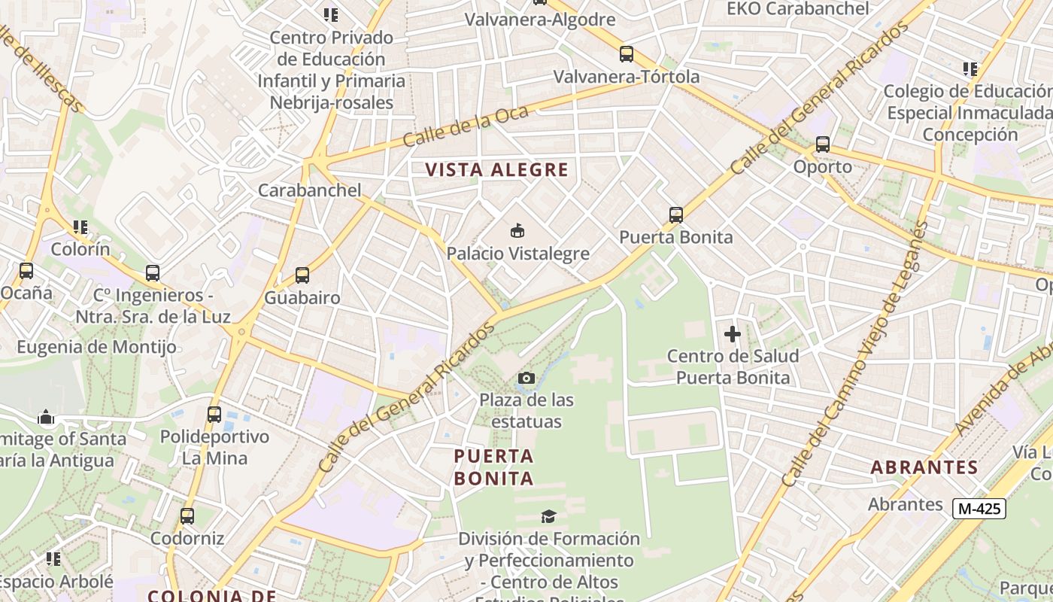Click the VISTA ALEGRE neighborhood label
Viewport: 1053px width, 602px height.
click(x=497, y=169)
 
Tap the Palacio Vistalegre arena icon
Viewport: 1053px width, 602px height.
click(x=517, y=231)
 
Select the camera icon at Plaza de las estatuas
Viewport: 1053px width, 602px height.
click(x=527, y=378)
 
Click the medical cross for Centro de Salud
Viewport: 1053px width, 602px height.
click(x=733, y=334)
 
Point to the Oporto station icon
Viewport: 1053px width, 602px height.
click(x=823, y=144)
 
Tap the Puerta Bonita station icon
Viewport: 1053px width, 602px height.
click(x=676, y=215)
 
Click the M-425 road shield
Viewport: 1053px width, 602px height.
click(x=979, y=509)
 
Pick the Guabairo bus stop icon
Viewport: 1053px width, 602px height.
click(x=302, y=275)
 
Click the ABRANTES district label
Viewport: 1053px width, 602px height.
click(x=924, y=467)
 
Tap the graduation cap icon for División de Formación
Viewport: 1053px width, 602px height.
click(x=549, y=516)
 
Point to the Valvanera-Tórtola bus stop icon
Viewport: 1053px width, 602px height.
click(x=627, y=54)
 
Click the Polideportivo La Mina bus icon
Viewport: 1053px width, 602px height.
click(x=214, y=414)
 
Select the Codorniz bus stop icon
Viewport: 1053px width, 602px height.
click(x=187, y=516)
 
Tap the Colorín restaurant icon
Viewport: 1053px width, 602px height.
click(x=80, y=227)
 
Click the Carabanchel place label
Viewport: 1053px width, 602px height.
click(x=310, y=190)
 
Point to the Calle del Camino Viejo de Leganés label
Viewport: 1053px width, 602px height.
click(x=855, y=354)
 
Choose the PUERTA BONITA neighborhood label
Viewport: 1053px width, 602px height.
click(x=494, y=467)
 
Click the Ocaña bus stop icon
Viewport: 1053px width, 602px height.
click(x=26, y=271)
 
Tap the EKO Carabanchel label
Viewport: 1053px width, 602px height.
click(x=798, y=9)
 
